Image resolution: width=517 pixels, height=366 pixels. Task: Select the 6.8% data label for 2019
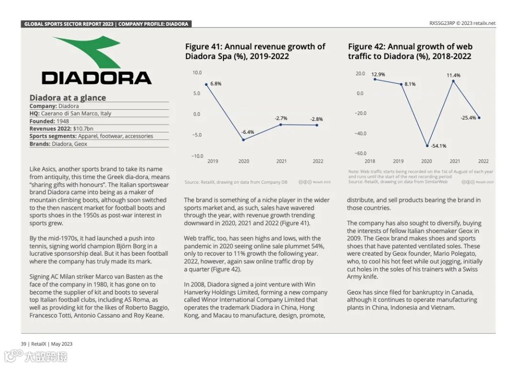(x=215, y=83)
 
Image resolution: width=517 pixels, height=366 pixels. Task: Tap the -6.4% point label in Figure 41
(x=247, y=132)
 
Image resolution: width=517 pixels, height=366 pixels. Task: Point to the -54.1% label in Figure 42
(x=438, y=146)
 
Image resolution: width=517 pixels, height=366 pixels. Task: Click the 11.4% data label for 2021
(x=453, y=75)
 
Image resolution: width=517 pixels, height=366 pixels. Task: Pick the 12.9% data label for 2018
(x=378, y=74)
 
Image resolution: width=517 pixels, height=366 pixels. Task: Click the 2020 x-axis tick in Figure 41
(x=244, y=161)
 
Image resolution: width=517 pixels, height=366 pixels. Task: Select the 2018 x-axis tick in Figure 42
(x=370, y=161)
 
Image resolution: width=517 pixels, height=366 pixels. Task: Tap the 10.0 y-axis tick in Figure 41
(x=197, y=73)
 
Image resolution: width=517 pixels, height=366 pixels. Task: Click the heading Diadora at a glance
(x=67, y=98)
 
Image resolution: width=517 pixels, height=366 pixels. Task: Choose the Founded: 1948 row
(x=49, y=121)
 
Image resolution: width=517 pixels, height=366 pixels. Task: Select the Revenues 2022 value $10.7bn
(x=83, y=129)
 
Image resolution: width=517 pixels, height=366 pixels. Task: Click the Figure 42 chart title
(x=410, y=51)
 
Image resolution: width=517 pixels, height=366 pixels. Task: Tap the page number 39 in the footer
(x=23, y=343)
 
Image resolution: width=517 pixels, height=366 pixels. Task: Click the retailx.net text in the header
(x=485, y=23)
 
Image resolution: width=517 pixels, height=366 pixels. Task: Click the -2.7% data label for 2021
(x=281, y=118)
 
